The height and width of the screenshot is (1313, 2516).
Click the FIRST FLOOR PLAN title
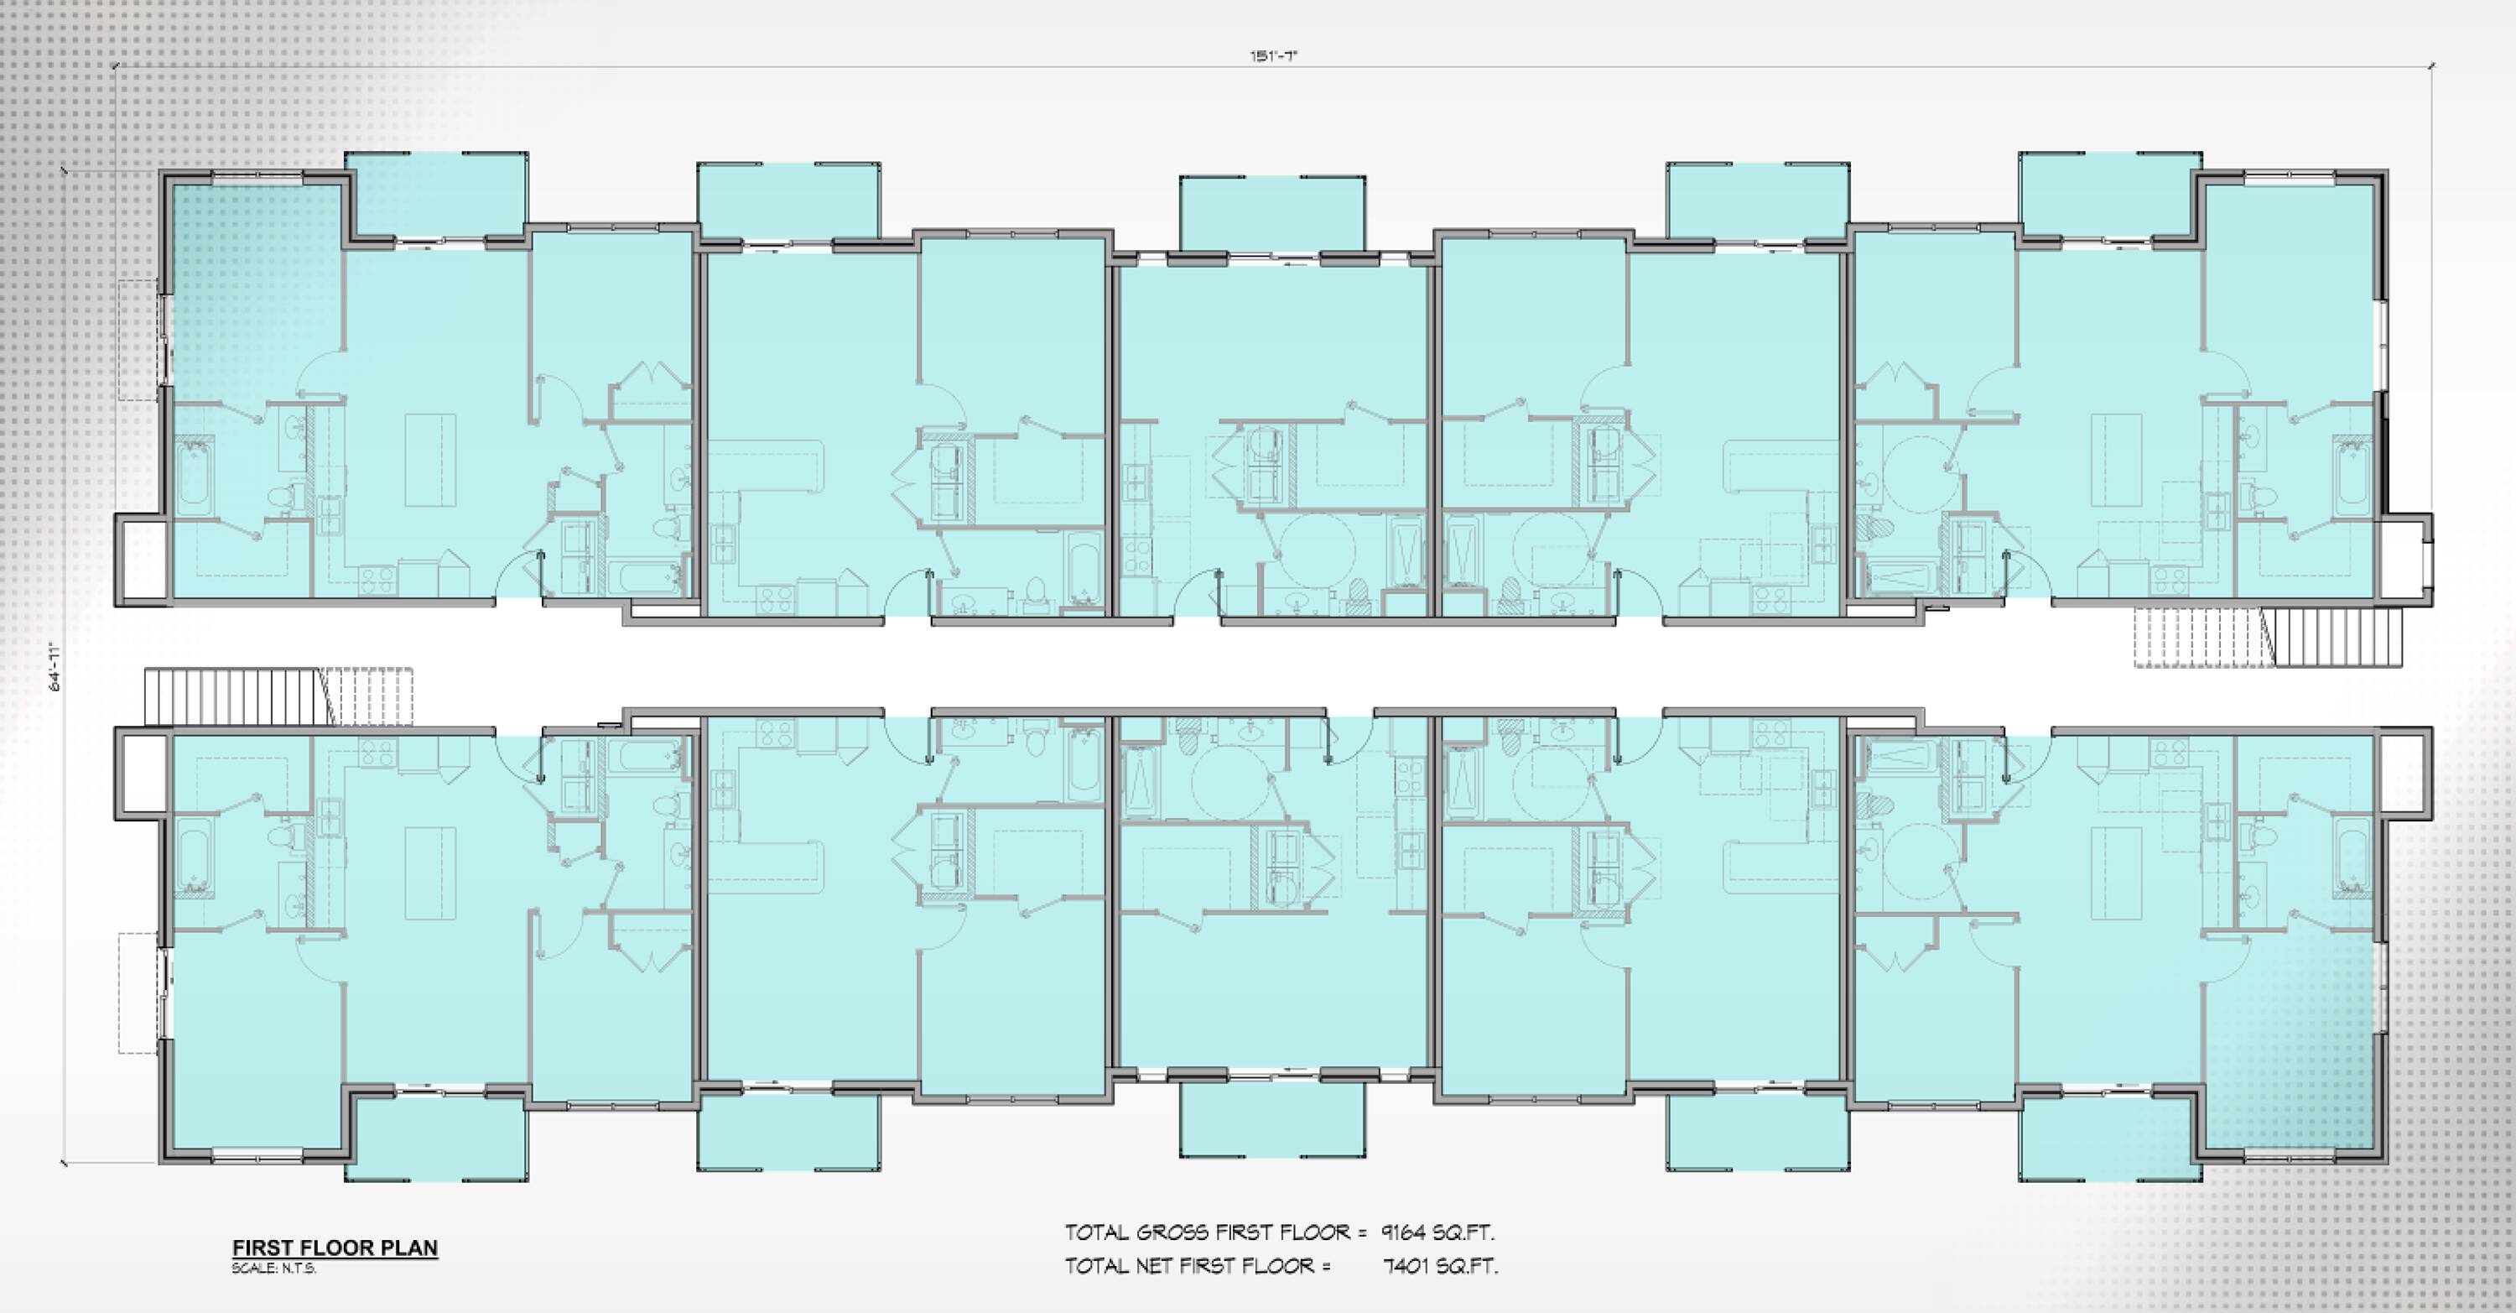[335, 1248]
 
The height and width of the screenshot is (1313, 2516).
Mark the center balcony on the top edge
[1272, 214]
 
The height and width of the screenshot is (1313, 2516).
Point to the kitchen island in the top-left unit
[431, 460]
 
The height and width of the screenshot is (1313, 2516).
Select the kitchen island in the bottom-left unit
[431, 873]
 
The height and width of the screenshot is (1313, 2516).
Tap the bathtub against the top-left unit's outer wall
[195, 477]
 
